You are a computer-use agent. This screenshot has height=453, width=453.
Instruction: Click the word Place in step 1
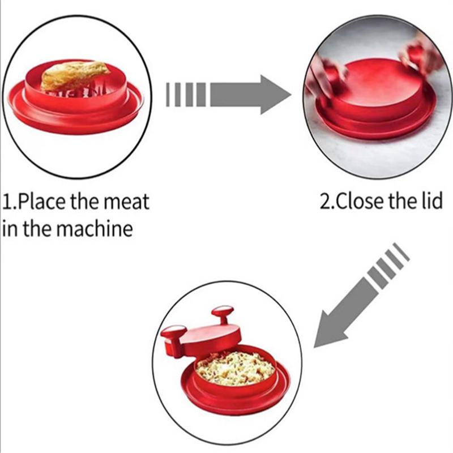point(43,202)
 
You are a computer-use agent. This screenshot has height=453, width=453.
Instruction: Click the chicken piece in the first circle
point(74,76)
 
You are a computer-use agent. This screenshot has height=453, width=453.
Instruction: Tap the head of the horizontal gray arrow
point(276,95)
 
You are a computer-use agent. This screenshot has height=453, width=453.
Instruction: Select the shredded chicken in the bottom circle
point(235,369)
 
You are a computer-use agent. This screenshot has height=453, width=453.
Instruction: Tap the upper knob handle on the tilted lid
point(223,314)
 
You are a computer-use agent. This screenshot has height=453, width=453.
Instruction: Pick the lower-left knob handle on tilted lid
point(173,339)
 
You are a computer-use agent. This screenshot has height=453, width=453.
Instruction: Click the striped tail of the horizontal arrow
point(186,95)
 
